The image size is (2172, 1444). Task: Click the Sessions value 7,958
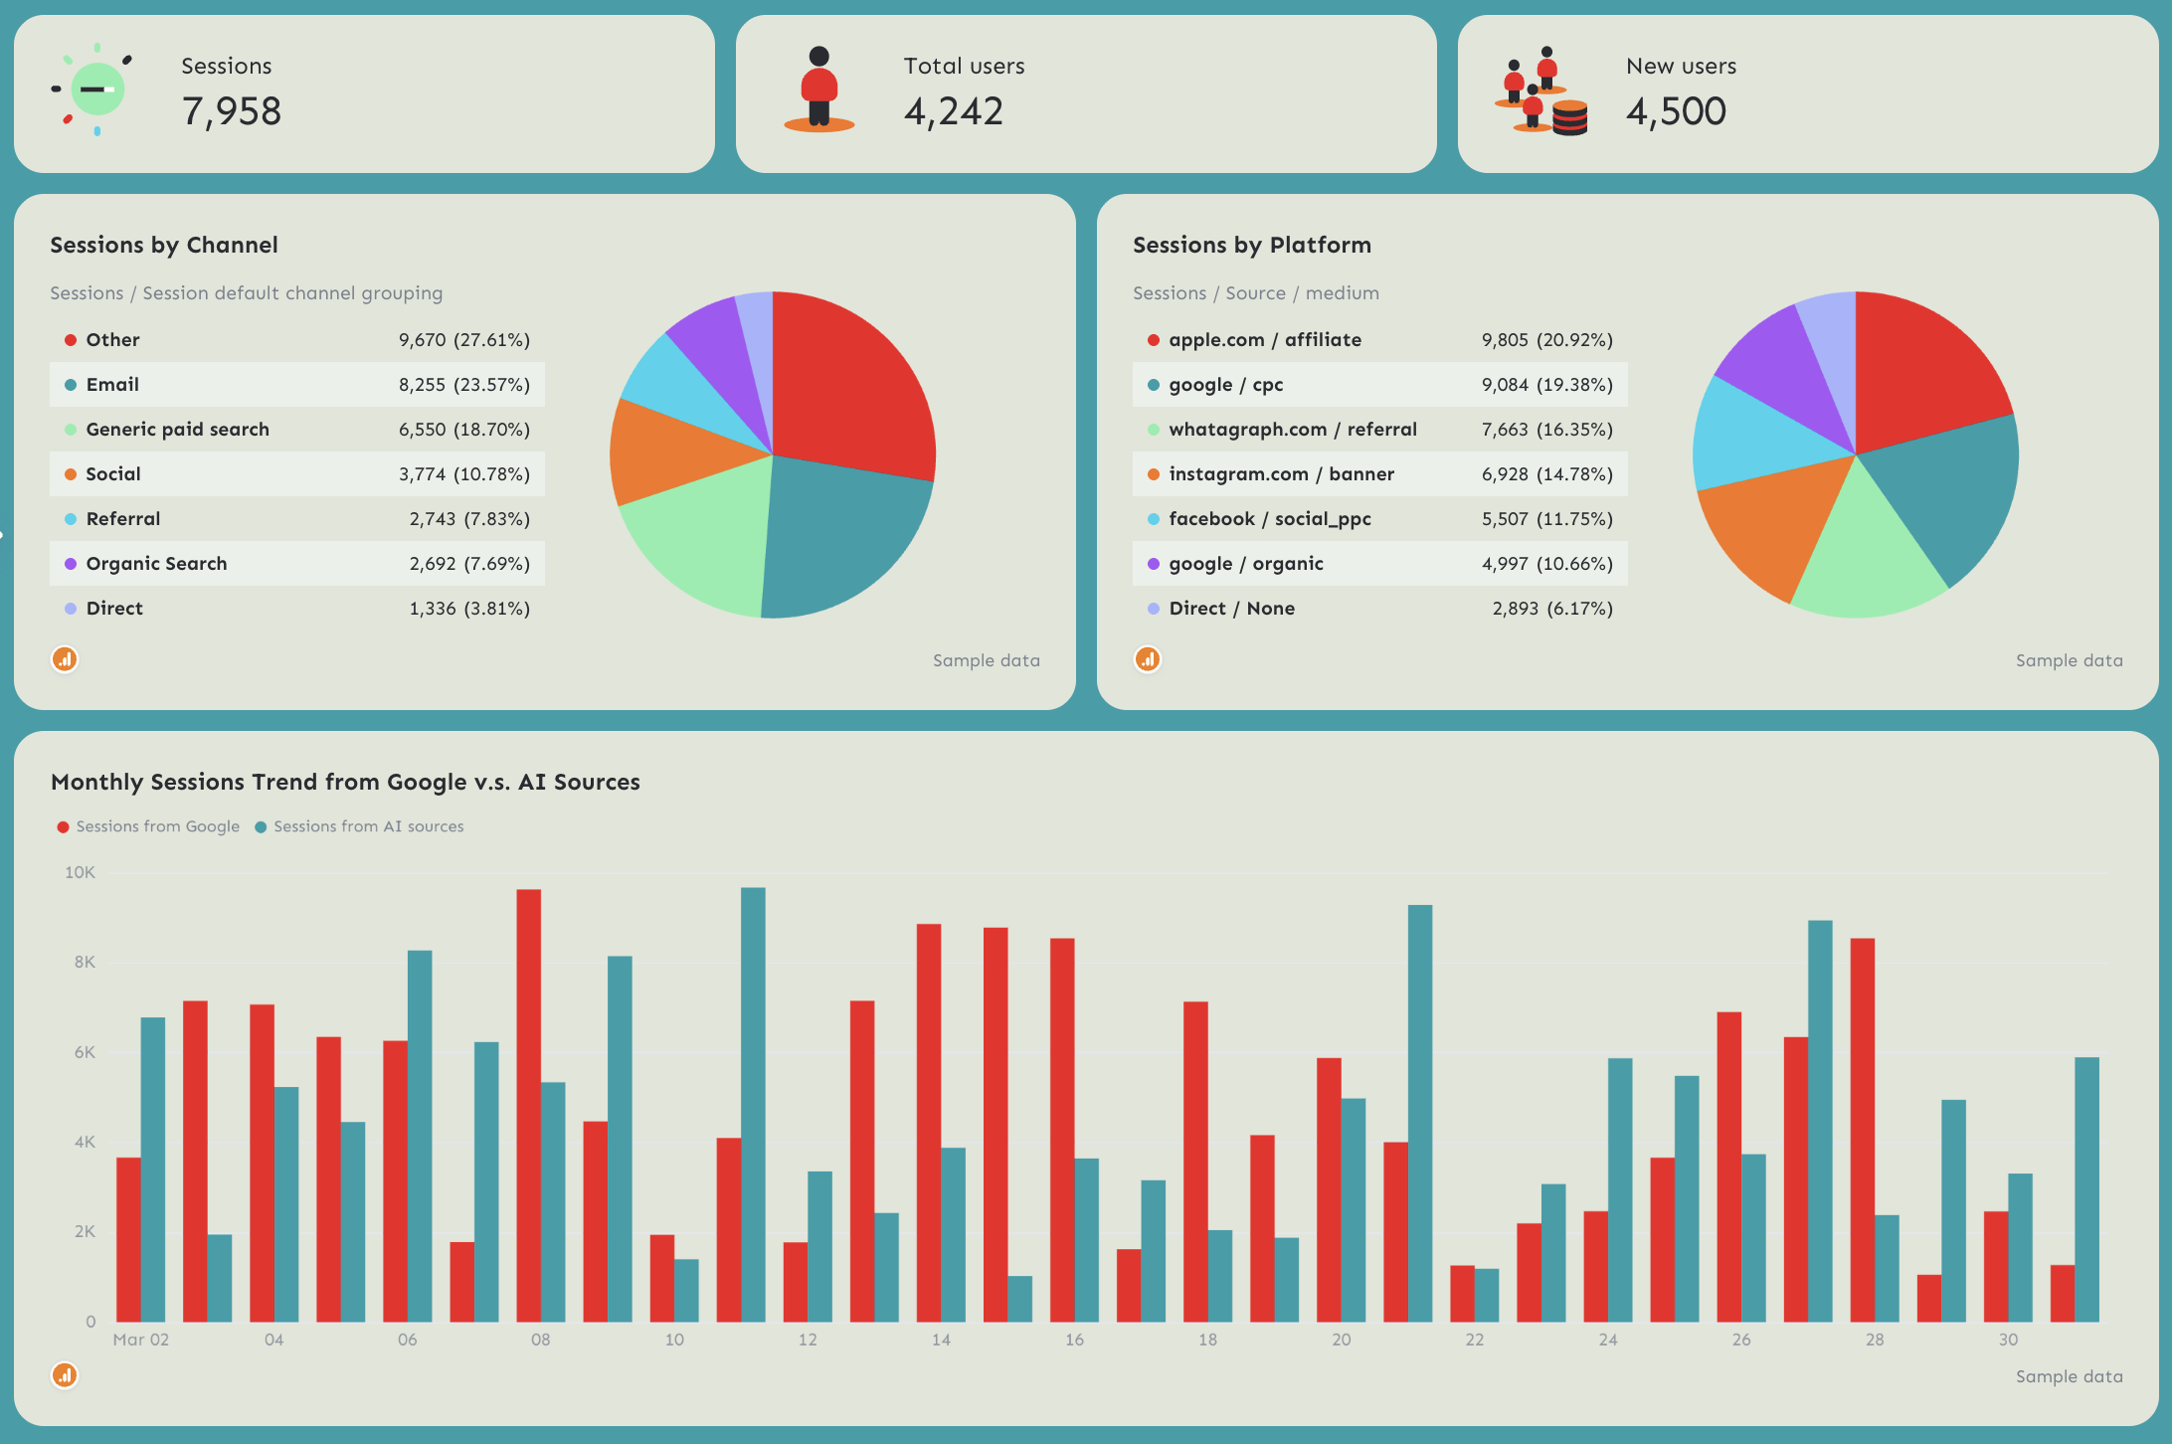click(x=231, y=111)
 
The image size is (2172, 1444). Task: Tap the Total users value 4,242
click(x=953, y=111)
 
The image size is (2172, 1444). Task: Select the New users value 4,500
click(x=1676, y=111)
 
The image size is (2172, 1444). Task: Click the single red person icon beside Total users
click(x=818, y=89)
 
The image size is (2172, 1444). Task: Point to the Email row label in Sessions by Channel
click(x=112, y=385)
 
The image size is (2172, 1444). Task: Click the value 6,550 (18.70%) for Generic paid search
click(x=463, y=430)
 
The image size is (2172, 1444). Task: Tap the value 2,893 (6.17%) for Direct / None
click(x=1551, y=609)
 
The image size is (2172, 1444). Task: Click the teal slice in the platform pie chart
click(x=1949, y=487)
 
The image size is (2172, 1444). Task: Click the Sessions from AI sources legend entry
click(x=367, y=826)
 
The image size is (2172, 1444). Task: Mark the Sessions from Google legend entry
click(x=156, y=826)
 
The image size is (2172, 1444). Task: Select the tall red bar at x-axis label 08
click(x=528, y=1104)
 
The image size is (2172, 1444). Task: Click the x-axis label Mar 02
click(x=140, y=1340)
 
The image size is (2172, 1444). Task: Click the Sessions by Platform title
click(x=1251, y=245)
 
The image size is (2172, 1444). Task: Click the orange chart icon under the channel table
click(x=65, y=659)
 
